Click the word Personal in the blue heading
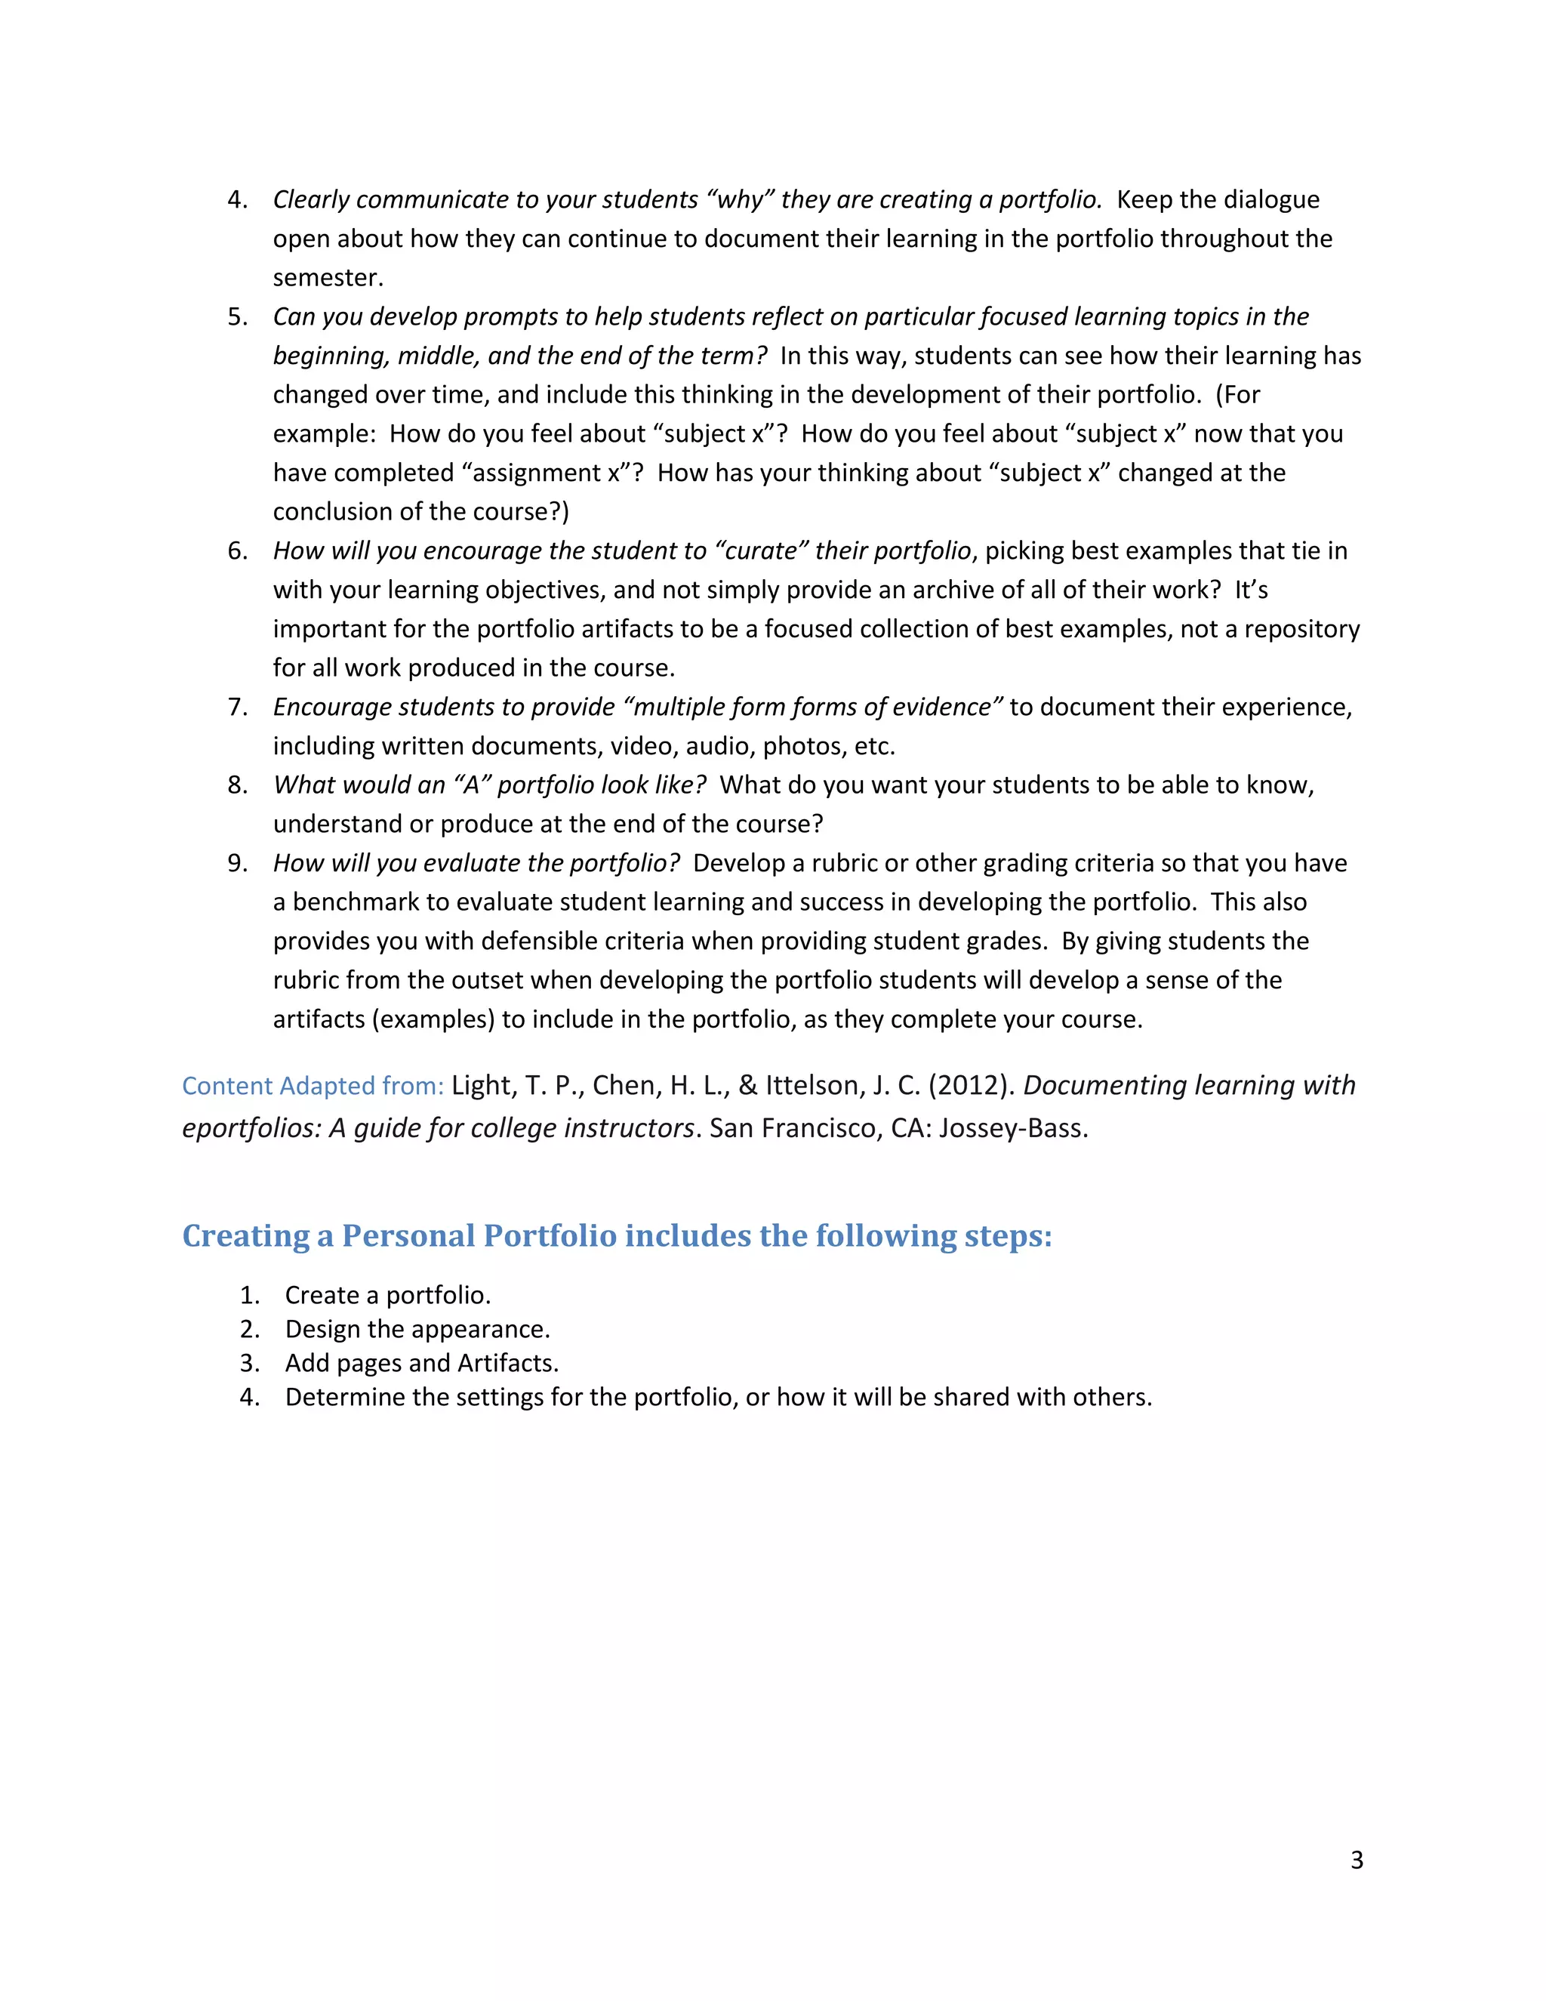(408, 1236)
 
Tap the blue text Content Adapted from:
(313, 1086)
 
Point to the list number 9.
(237, 863)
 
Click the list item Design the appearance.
(417, 1330)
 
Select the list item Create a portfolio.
(387, 1296)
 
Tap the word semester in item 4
(327, 278)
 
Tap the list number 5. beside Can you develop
(237, 317)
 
